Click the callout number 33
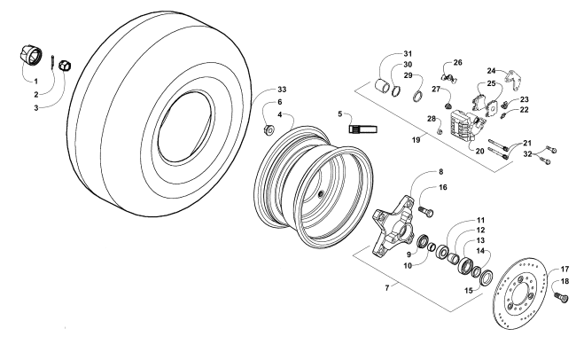pos(282,90)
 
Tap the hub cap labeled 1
pos(30,55)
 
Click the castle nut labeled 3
pos(65,65)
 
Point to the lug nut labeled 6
pos(269,129)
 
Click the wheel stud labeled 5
pos(362,129)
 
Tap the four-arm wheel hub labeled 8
pos(393,225)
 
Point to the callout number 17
pos(564,270)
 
